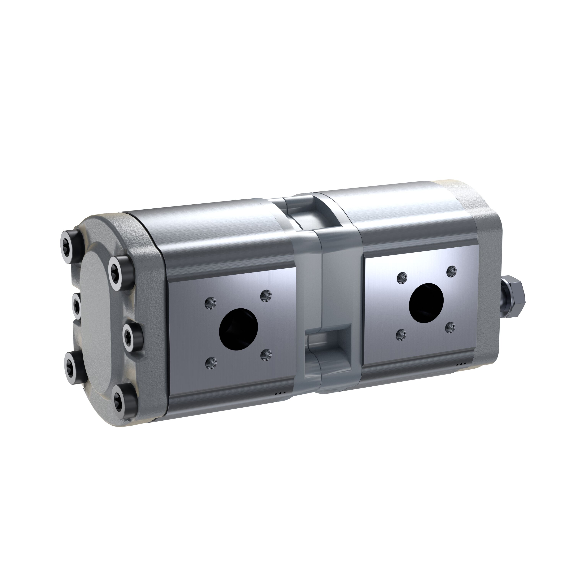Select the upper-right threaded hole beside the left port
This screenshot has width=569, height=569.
(266, 294)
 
